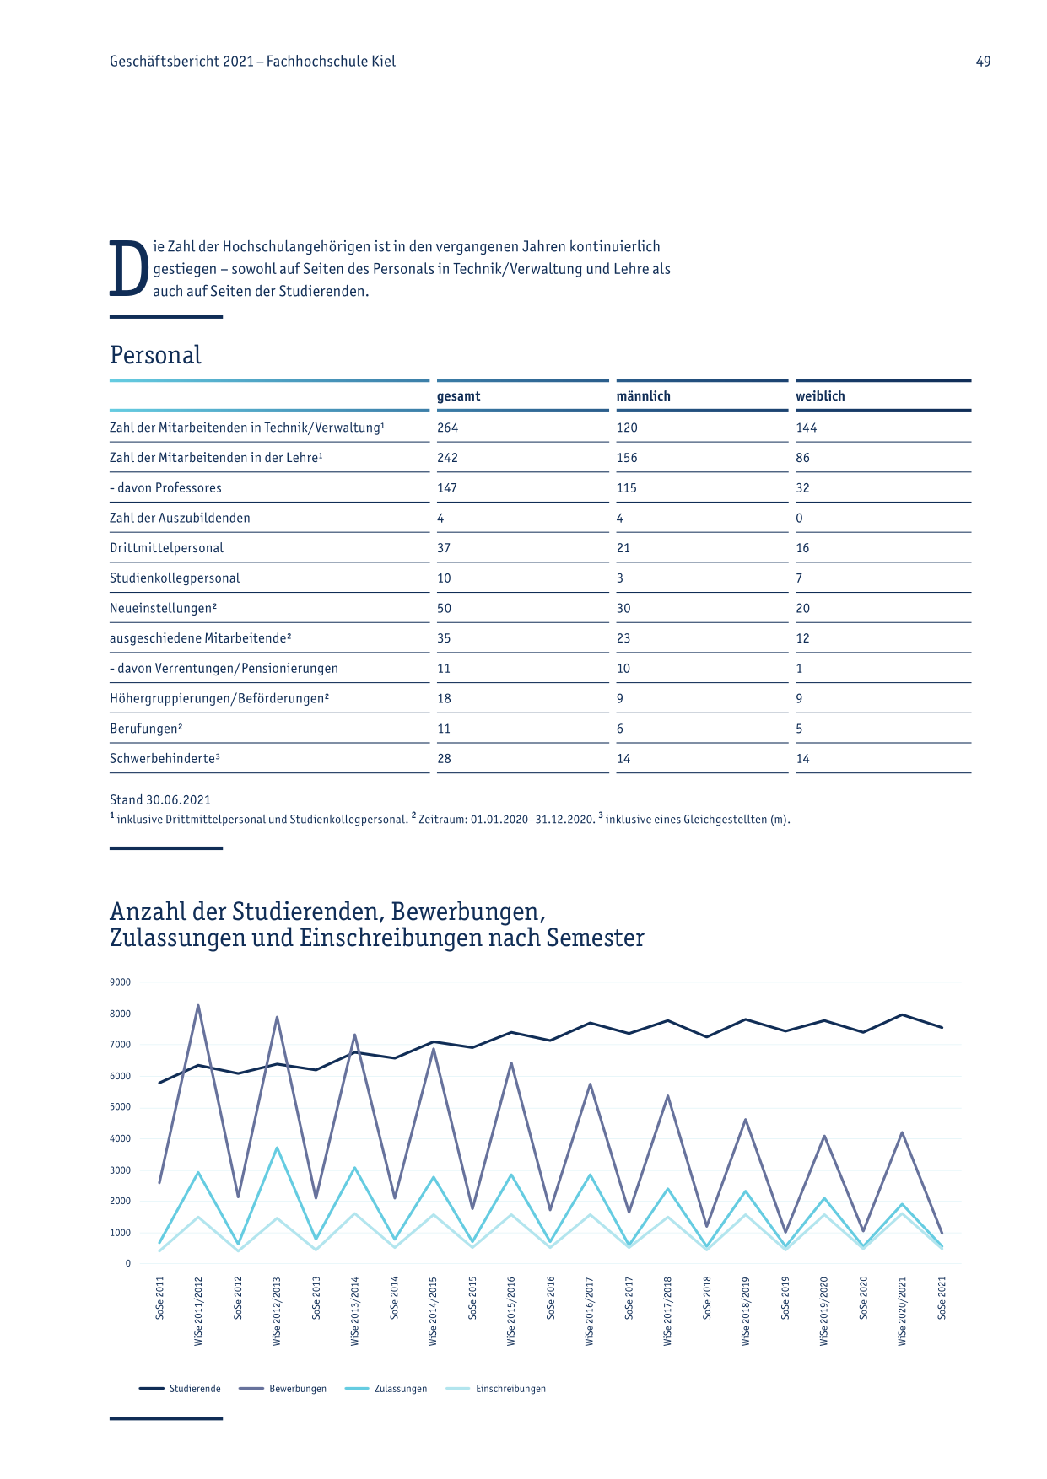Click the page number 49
[x=983, y=62]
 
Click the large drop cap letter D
[x=129, y=269]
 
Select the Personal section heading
[x=155, y=355]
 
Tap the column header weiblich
[x=820, y=396]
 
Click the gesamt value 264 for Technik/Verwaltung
[x=447, y=428]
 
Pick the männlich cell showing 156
[x=627, y=458]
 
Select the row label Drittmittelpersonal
[x=166, y=548]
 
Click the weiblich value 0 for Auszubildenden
[x=799, y=518]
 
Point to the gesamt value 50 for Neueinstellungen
[x=444, y=608]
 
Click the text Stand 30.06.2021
[x=160, y=799]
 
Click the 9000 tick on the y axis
[x=121, y=982]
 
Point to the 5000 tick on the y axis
[x=121, y=1107]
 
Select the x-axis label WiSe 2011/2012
[x=198, y=1310]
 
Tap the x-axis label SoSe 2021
[x=942, y=1298]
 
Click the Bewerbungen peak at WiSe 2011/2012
[x=198, y=1005]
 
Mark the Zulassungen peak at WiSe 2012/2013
[x=277, y=1148]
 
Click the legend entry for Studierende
[x=180, y=1389]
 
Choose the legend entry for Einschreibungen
[x=495, y=1389]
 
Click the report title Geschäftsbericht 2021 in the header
[x=181, y=62]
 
